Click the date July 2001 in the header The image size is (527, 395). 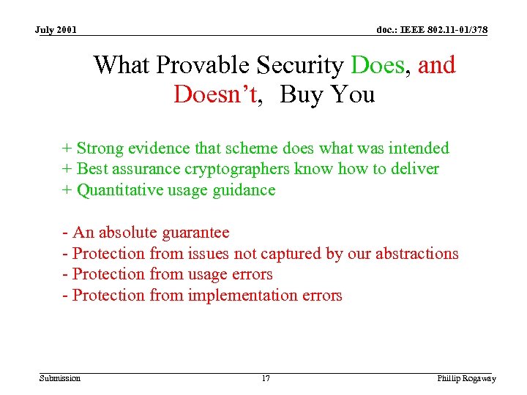click(56, 30)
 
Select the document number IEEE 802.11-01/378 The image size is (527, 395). click(432, 30)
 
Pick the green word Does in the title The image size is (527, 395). click(378, 65)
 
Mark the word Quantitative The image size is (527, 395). click(120, 190)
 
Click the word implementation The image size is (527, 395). click(242, 296)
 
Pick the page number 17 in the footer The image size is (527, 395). click(265, 378)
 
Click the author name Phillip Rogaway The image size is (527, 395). click(466, 378)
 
